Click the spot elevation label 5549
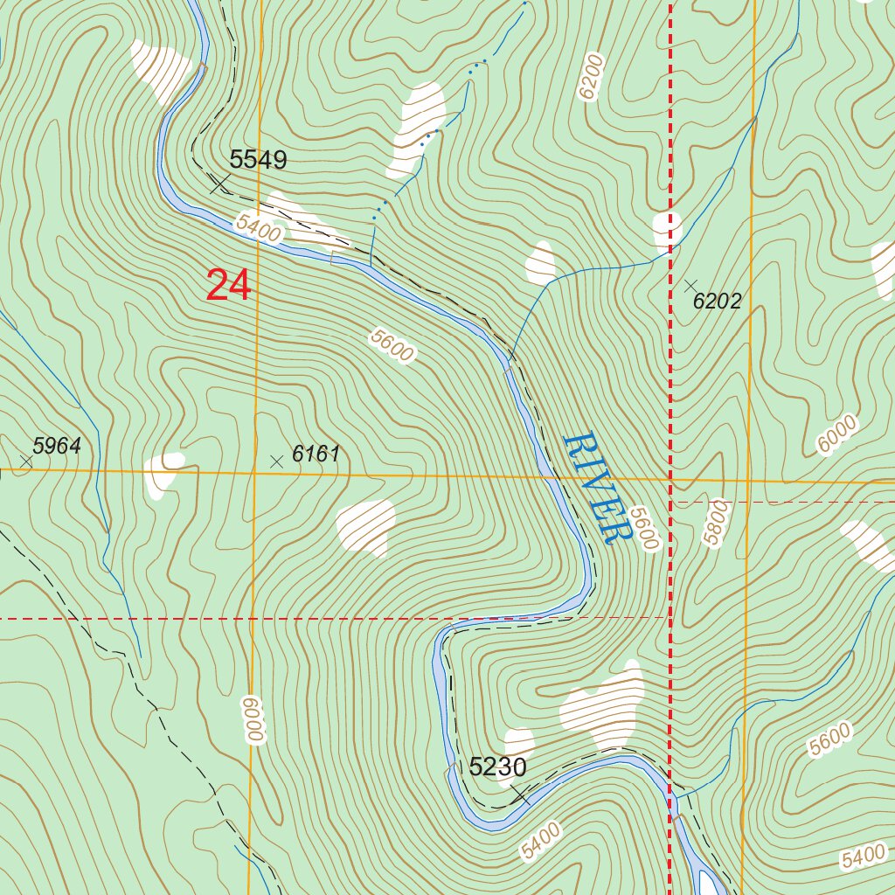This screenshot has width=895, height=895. [x=258, y=160]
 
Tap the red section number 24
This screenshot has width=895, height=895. [x=229, y=286]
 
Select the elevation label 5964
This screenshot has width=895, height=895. [x=57, y=446]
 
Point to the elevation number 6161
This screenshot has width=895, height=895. [x=316, y=454]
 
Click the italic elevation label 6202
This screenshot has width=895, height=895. [x=717, y=302]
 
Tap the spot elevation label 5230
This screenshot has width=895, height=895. [x=497, y=767]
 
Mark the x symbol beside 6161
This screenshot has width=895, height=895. [x=277, y=461]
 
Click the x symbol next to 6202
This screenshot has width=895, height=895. [x=690, y=285]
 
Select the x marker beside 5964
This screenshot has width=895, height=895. [x=25, y=460]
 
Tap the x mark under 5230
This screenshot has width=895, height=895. [x=521, y=794]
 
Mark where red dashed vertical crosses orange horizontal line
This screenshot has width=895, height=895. [x=670, y=479]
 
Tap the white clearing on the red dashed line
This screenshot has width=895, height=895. [x=668, y=229]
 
